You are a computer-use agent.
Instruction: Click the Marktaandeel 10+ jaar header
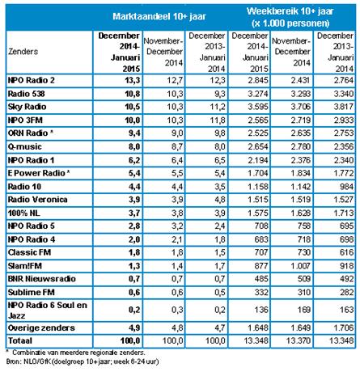[159, 16]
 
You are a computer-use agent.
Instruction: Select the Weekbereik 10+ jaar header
[290, 11]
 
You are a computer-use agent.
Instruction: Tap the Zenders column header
[23, 51]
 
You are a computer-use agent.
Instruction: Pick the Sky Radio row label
[27, 107]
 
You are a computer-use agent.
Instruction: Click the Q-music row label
[25, 146]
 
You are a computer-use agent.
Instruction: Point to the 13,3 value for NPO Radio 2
[132, 80]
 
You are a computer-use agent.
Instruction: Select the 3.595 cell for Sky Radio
[258, 107]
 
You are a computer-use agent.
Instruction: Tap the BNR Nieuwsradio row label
[42, 279]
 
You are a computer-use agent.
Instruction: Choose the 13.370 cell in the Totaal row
[299, 340]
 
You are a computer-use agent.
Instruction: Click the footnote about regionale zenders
[75, 353]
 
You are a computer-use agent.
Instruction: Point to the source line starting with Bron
[83, 361]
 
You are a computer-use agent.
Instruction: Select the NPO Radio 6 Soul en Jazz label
[48, 311]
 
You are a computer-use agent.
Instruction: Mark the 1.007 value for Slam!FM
[300, 266]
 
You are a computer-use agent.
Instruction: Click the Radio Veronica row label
[37, 200]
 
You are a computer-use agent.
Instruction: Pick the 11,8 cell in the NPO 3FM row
[218, 120]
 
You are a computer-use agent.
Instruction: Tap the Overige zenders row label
[41, 327]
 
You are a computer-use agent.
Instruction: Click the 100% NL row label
[24, 213]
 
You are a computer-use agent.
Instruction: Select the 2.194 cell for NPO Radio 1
[258, 160]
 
